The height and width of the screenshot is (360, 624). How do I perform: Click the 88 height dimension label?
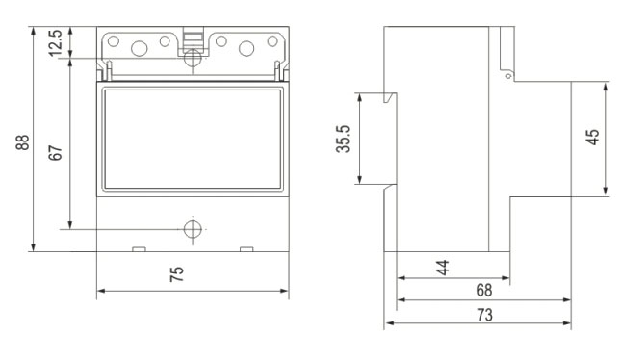point(23,142)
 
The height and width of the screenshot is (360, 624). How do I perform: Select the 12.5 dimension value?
point(55,42)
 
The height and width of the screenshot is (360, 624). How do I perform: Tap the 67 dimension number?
point(55,153)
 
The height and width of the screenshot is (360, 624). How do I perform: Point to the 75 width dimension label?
point(176,274)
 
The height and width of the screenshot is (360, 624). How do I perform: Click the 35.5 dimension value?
point(343,139)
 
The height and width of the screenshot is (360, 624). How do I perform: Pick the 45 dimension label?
point(592,138)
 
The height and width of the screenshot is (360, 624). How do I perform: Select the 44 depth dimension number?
point(443,268)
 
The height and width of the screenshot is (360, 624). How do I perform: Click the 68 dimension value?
point(484,291)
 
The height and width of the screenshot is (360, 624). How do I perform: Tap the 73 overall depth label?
point(484,315)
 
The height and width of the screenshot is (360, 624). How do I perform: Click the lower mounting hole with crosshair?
point(193,229)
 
